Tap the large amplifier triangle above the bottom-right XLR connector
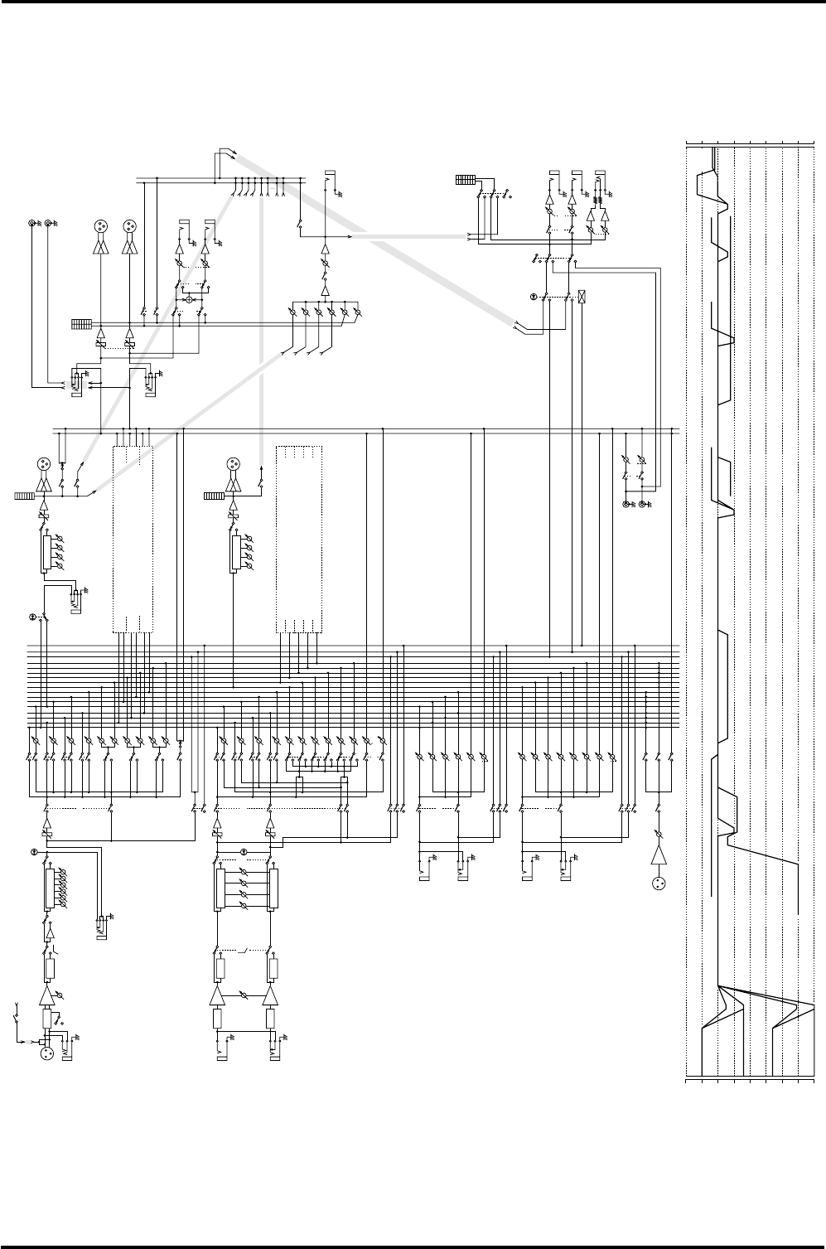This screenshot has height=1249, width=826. [659, 859]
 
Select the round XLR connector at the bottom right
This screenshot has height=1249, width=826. [659, 883]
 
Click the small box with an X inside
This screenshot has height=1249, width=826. [582, 296]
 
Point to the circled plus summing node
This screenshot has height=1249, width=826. [189, 298]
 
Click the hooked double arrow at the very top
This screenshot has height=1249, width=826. [227, 152]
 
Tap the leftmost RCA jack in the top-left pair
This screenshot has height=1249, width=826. [33, 224]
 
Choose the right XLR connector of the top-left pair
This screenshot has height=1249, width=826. [128, 225]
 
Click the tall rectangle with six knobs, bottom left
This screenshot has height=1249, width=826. [49, 888]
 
